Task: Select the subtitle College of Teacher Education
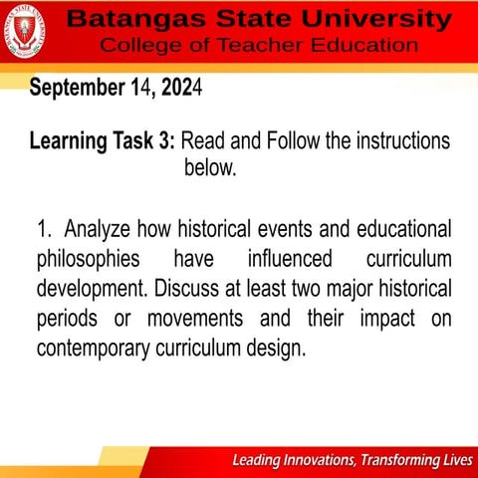click(259, 46)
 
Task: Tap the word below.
click(209, 167)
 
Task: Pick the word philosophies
click(88, 260)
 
